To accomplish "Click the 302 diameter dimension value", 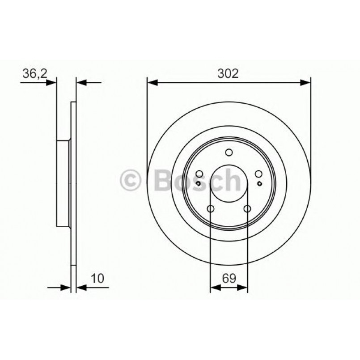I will click(229, 73).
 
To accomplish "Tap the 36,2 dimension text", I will click(34, 73).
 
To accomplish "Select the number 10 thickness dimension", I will click(98, 279).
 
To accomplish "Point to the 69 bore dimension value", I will click(229, 279).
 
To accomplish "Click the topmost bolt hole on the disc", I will click(229, 153).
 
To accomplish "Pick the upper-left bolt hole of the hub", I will click(199, 174).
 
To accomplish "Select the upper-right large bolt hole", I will click(258, 174).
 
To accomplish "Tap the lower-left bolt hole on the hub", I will click(211, 208).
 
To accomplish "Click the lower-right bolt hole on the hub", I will click(247, 208).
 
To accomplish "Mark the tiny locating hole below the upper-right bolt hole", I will click(260, 183).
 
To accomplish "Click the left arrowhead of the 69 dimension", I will click(214, 288).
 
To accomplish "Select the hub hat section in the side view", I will click(63, 183).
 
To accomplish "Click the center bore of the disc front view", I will click(229, 183).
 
